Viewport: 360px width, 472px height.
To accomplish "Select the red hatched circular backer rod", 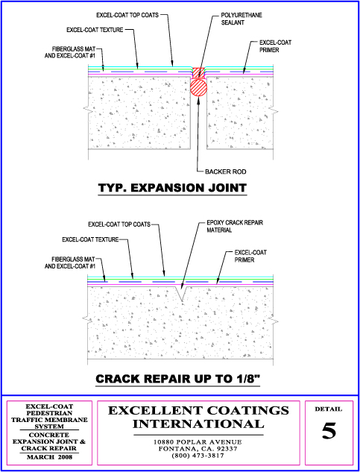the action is click(x=198, y=88).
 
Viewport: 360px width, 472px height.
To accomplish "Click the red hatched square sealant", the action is click(x=198, y=72).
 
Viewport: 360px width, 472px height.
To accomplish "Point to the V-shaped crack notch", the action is click(x=181, y=293).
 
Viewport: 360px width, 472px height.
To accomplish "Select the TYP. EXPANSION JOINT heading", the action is click(x=172, y=188).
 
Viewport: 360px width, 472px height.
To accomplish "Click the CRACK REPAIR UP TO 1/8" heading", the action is click(x=178, y=378).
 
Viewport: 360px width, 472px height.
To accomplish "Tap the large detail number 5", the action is click(x=329, y=431).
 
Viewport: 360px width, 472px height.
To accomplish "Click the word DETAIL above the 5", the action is click(x=329, y=409).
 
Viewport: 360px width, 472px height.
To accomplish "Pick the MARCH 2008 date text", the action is click(x=49, y=457).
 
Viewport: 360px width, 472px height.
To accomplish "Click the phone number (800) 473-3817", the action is click(x=198, y=456).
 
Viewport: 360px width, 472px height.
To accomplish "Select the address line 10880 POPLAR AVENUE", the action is click(x=198, y=442).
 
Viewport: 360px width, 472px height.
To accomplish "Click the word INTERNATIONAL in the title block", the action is click(x=198, y=424).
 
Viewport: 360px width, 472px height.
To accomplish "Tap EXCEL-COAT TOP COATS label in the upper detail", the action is click(x=127, y=15).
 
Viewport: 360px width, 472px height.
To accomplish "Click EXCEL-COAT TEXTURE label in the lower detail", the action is click(x=90, y=239).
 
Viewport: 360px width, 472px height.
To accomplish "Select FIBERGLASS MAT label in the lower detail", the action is click(x=74, y=259).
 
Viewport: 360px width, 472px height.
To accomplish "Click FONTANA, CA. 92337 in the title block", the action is click(x=198, y=449).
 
